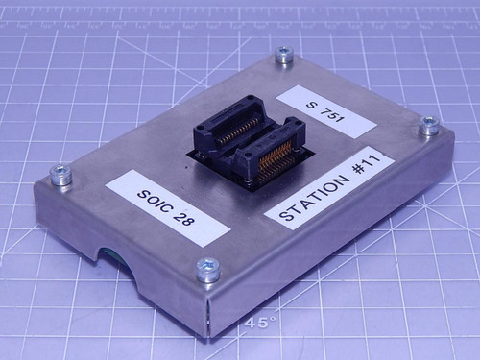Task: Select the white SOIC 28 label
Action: coord(167,207)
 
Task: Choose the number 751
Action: coord(331,114)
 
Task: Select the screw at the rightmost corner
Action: coord(429,126)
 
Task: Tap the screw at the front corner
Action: coord(207,270)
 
